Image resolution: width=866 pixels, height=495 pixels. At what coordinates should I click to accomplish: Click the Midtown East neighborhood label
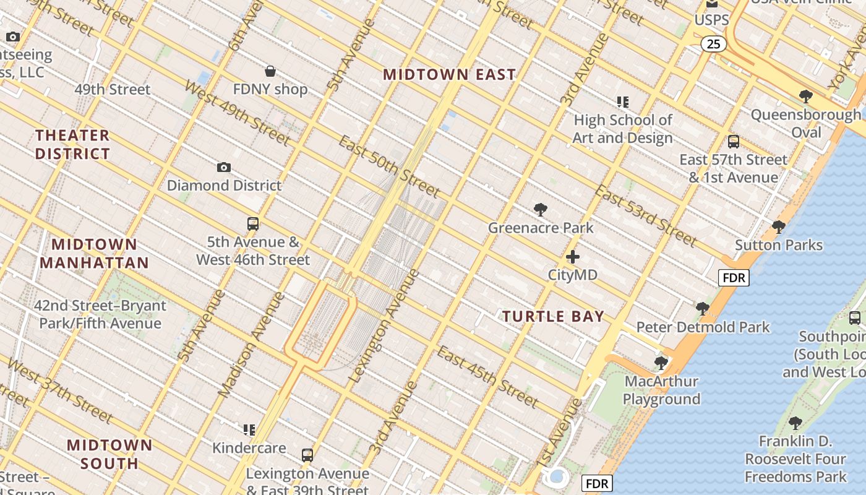pos(449,75)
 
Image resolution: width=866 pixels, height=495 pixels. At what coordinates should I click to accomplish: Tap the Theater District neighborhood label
pos(72,144)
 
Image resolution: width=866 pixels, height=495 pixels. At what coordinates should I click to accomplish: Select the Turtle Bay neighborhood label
pos(553,316)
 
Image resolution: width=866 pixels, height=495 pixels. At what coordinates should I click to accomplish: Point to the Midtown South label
pos(109,454)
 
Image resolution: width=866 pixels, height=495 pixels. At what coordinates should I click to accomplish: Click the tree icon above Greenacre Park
pos(540,210)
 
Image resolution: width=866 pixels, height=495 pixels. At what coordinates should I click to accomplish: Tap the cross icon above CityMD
pos(573,256)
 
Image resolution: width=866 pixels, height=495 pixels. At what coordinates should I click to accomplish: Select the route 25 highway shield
pos(714,44)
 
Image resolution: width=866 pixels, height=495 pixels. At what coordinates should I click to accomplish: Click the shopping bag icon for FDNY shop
pos(270,71)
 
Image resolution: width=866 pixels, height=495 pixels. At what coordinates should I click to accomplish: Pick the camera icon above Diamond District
pos(224,168)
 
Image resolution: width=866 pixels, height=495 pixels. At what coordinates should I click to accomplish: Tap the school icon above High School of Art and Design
pos(622,101)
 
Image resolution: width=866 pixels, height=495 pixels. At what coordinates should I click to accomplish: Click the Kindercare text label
pos(249,447)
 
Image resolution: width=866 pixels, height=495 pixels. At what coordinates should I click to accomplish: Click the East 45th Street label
pos(487,377)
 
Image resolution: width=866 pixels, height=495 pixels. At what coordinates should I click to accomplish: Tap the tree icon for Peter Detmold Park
pos(702,308)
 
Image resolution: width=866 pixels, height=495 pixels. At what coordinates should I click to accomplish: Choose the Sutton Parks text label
pos(778,245)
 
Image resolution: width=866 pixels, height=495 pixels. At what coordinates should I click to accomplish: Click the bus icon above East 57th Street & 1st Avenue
pos(733,142)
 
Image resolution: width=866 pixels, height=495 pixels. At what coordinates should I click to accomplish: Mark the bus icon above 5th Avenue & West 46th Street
pos(252,224)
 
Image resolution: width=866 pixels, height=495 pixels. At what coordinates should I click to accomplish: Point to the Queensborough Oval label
pos(806,123)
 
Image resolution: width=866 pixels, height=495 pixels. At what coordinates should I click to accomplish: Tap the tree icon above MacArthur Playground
pos(661,363)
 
